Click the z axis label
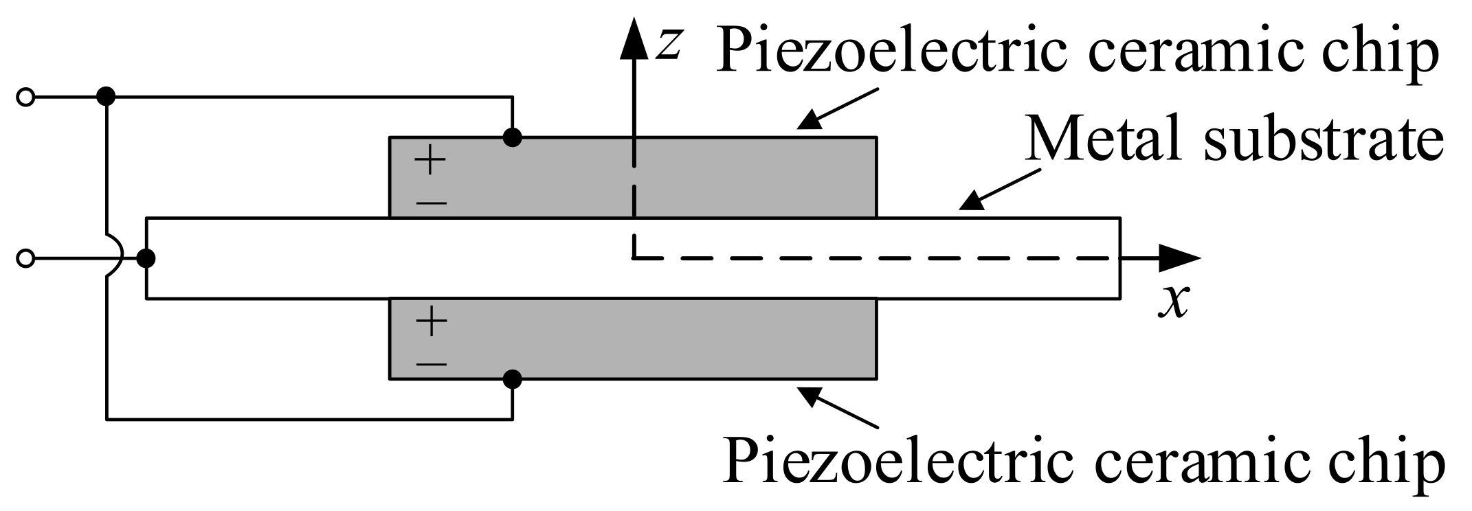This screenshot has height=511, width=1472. [668, 45]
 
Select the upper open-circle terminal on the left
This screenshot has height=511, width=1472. [25, 98]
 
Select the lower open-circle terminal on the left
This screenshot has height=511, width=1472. [25, 258]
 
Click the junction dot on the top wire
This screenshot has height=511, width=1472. [106, 97]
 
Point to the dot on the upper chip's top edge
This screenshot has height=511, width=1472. [513, 137]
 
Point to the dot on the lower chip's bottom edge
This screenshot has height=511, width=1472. [513, 378]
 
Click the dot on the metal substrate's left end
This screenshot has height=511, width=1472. [146, 258]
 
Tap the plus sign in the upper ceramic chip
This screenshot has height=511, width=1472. [431, 162]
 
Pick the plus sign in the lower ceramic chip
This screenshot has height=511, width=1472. [431, 321]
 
